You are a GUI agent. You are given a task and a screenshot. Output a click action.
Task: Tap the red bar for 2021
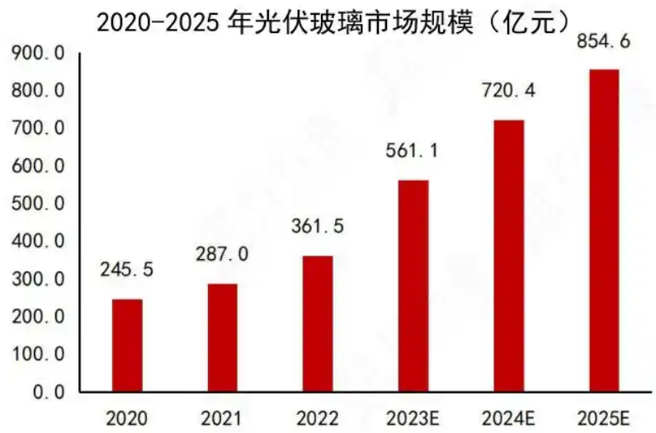[x=222, y=337]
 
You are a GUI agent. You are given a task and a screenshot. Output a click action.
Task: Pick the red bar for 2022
[x=318, y=323]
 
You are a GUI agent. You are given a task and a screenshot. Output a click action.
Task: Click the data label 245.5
[x=127, y=269]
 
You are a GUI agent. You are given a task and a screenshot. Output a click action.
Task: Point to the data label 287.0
[x=222, y=253]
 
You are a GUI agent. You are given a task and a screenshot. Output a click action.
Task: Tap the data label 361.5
[x=318, y=225]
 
